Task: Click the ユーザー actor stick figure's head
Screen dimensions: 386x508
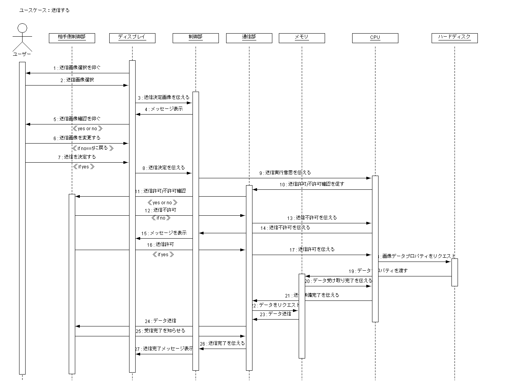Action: coord(22,28)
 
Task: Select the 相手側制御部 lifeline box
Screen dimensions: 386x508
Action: coord(72,37)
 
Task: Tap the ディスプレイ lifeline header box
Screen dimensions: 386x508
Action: coord(132,37)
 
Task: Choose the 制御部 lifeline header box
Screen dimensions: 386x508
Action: coord(196,37)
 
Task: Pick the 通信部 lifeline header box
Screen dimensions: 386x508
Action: coord(249,37)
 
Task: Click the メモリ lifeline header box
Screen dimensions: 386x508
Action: coord(302,37)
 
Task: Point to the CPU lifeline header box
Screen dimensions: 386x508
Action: coord(375,37)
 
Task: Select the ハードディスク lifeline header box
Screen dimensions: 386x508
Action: coord(455,37)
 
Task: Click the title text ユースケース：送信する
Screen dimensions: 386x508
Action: coord(44,10)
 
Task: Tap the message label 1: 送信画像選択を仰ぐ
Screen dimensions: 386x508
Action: coord(77,68)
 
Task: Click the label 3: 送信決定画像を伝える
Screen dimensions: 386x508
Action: coord(163,97)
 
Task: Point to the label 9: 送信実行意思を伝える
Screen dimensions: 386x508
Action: coord(285,173)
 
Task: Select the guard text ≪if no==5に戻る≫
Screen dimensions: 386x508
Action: coord(93,148)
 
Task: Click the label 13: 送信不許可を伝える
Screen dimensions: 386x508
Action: coord(312,218)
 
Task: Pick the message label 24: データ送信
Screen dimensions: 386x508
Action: coord(160,321)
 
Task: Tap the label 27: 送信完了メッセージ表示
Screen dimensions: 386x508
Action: coord(164,349)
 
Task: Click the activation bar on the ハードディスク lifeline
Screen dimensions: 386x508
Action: coord(455,272)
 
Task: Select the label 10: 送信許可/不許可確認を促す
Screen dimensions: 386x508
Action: coord(312,184)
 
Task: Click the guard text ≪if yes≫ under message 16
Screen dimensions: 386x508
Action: coord(163,255)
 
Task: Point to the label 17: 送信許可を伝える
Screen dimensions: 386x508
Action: coord(312,249)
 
